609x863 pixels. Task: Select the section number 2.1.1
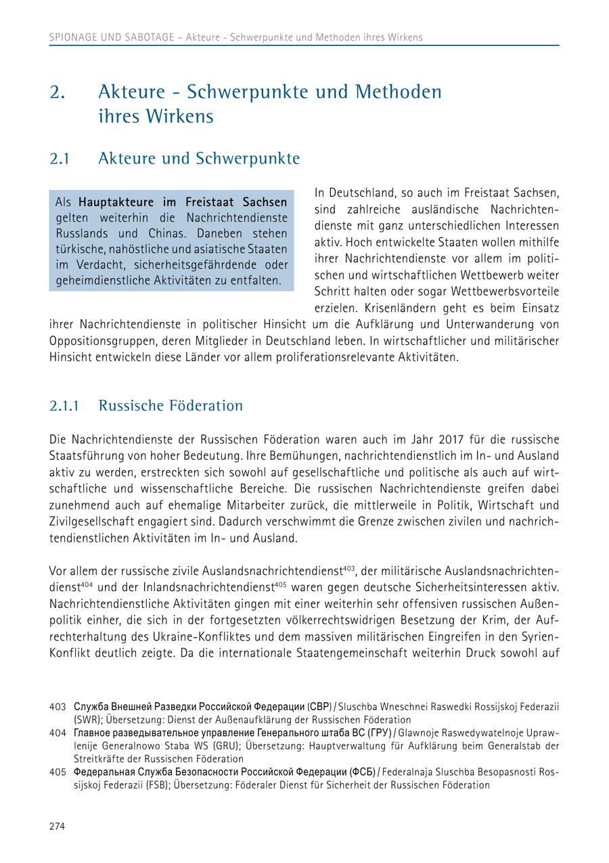tap(64, 406)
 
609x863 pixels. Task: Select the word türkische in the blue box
tap(78, 249)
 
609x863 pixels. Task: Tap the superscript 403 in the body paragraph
tap(350, 568)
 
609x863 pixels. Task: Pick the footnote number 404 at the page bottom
tap(58, 733)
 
